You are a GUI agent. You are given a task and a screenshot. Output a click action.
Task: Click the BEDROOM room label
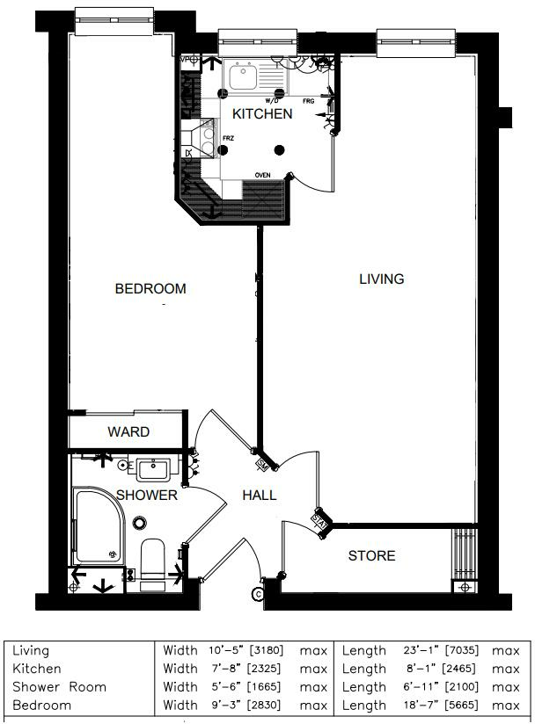point(150,289)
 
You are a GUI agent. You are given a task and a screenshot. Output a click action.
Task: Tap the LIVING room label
point(381,279)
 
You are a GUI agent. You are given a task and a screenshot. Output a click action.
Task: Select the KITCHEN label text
point(262,114)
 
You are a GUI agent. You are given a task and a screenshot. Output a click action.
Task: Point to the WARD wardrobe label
point(128,432)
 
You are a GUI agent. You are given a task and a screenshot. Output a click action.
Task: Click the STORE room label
point(371,556)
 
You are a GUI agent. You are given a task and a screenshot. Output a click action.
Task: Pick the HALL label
point(260,496)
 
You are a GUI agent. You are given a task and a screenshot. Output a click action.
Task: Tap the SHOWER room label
point(147,496)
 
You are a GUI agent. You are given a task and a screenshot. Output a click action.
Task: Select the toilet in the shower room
point(152,560)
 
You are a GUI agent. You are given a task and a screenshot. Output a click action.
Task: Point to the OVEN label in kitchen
point(262,176)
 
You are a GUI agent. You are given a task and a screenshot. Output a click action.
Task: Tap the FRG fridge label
point(308,102)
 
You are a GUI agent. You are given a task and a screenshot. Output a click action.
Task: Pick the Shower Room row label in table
point(59,687)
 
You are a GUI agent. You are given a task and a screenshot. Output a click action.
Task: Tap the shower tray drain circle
point(139,524)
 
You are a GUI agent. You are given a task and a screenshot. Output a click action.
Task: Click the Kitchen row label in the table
point(37,669)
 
